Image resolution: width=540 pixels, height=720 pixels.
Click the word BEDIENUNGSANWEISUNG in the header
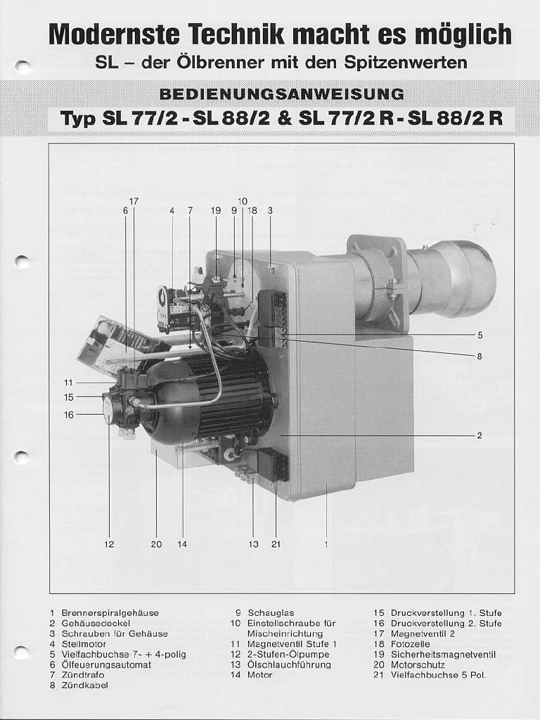[281, 94]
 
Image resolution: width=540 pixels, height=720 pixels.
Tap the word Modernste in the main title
[113, 35]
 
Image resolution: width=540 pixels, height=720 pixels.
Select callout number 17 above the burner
[134, 201]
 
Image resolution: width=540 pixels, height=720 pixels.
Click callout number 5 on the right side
[480, 335]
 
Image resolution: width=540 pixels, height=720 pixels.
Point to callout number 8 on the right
[480, 356]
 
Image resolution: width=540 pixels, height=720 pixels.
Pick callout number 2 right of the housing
[480, 436]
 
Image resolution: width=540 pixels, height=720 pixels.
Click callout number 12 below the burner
[109, 544]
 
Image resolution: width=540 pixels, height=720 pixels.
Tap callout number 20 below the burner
[156, 544]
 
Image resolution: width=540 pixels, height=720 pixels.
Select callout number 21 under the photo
[276, 544]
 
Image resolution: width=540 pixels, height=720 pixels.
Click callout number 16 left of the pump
[69, 415]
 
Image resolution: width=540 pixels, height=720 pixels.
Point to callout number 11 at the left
[69, 382]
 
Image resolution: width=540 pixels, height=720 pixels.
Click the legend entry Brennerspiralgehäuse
[110, 613]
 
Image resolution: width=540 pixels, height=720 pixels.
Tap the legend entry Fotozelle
[410, 644]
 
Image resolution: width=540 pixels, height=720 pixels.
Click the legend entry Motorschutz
[418, 664]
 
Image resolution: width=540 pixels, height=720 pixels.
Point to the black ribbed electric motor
[225, 397]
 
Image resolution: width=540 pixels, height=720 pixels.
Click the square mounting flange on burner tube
[380, 281]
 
